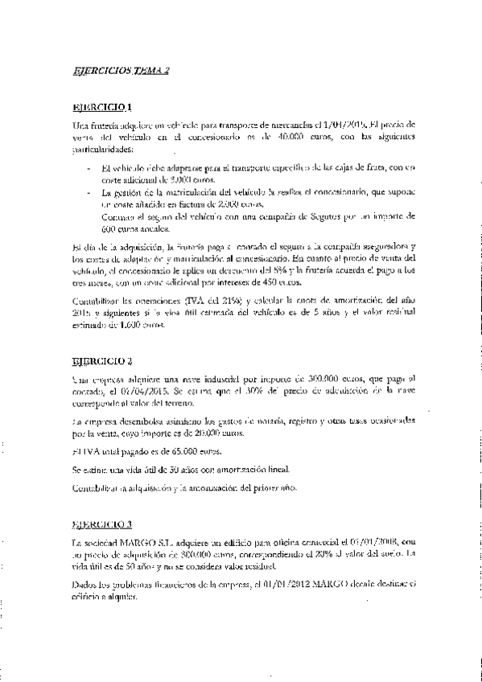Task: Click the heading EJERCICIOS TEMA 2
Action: tap(120, 71)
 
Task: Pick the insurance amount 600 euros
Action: tap(109, 228)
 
